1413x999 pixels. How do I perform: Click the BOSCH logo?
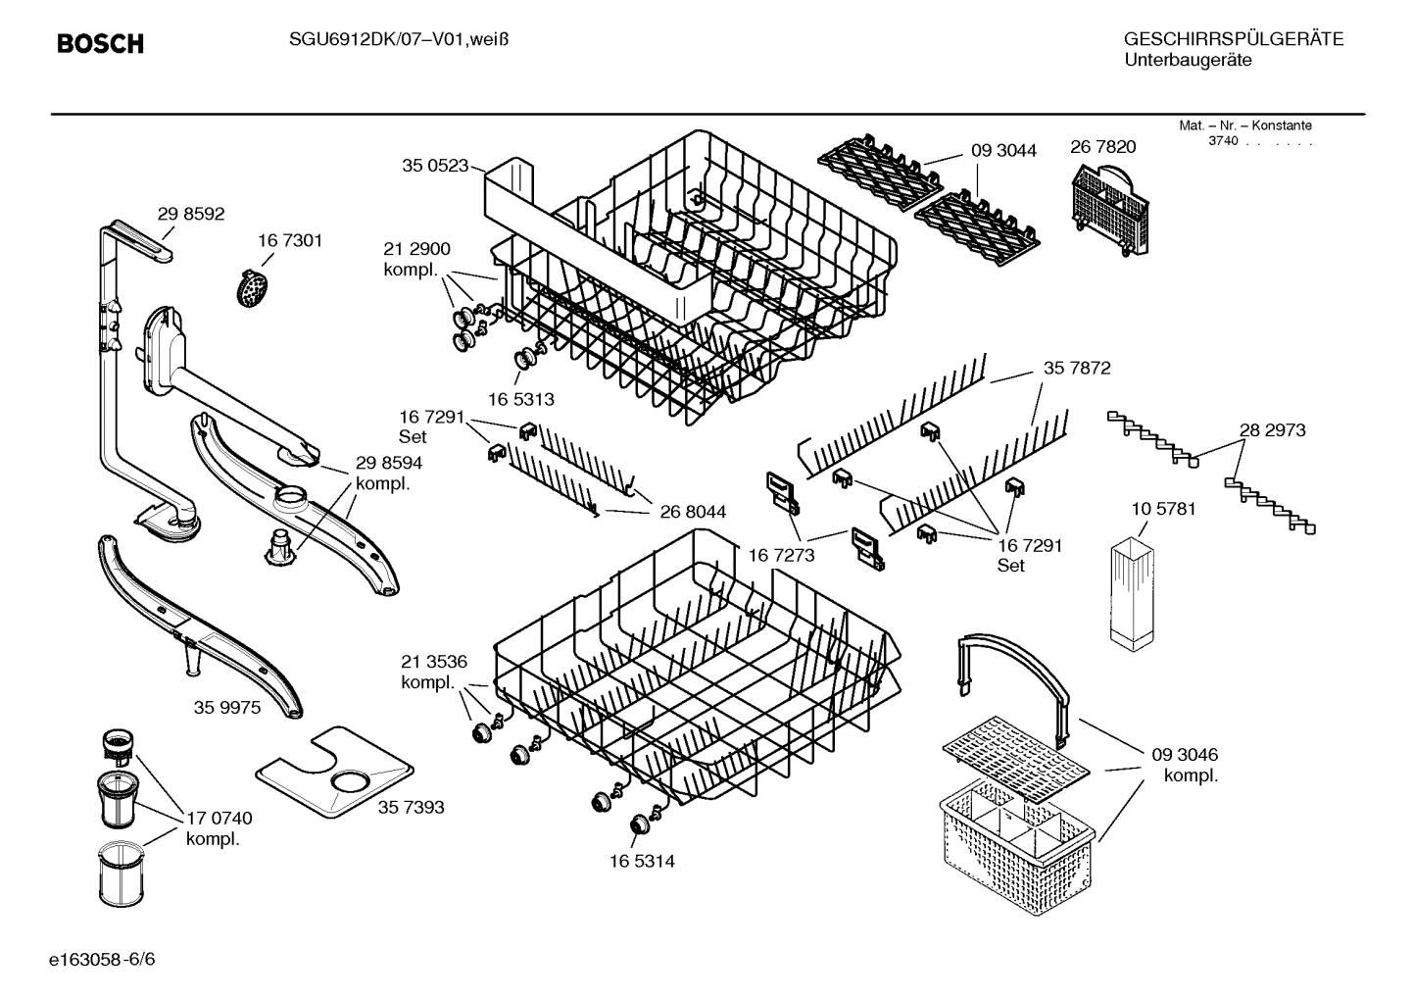[x=100, y=44]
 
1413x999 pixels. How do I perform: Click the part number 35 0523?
[x=435, y=166]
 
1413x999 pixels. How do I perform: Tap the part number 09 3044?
[x=1003, y=150]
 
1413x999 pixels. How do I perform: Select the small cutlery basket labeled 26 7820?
[x=1104, y=209]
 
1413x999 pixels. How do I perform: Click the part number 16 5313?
[x=521, y=399]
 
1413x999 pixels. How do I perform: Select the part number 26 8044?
[x=693, y=512]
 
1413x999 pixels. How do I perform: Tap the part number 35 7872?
[x=1077, y=368]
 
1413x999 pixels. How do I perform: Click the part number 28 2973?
[x=1272, y=429]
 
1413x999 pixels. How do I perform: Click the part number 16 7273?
[x=781, y=556]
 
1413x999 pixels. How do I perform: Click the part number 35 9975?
[x=227, y=707]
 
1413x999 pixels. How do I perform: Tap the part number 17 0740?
[x=219, y=818]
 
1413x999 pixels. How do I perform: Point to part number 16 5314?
[x=642, y=861]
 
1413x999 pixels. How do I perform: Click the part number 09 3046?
[x=1185, y=754]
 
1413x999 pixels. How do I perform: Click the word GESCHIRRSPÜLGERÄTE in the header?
[x=1234, y=40]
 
